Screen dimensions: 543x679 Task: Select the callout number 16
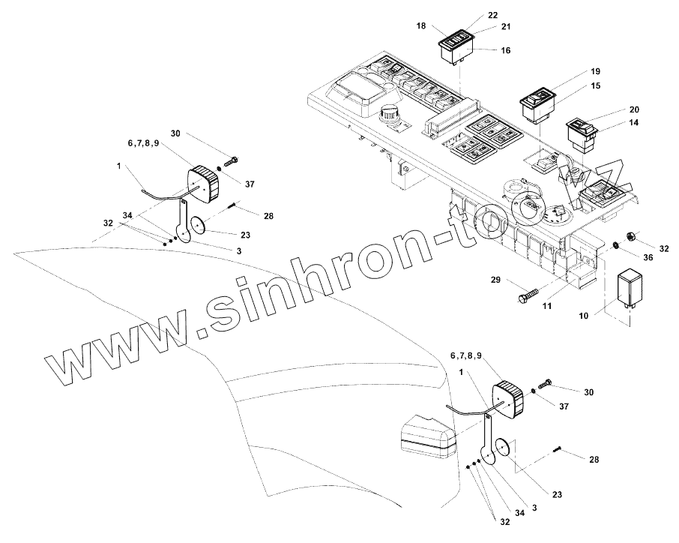[505, 49]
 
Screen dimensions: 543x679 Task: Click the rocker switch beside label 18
[456, 43]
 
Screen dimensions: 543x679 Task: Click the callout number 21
[505, 27]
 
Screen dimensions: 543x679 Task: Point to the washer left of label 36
[616, 244]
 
